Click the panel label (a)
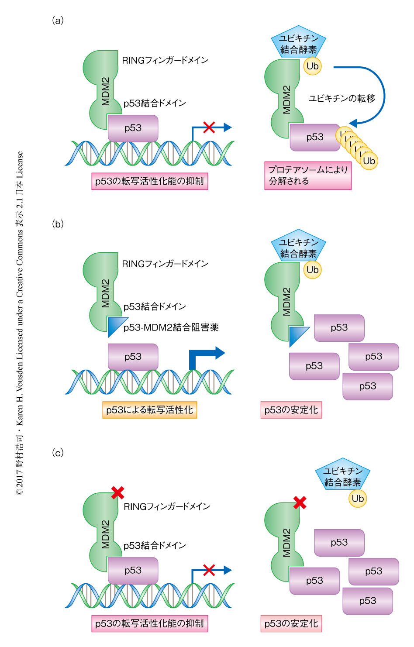pos(58,21)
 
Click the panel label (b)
pos(58,224)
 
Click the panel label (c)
pos(58,453)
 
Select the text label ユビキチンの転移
pos(342,99)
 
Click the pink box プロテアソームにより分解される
pos(307,176)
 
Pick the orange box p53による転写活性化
pos(149,410)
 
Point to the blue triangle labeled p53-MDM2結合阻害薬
pos(115,326)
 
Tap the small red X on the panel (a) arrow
pos(209,127)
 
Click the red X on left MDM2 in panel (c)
pos(117,493)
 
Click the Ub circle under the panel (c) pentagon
pos(358,499)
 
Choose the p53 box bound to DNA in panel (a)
pos(133,128)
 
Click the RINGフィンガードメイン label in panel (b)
pos(165,264)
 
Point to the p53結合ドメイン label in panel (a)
pos(155,103)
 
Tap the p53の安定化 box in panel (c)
pos(291,623)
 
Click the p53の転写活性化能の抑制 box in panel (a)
pos(149,181)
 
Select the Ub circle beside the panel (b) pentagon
pos(313,270)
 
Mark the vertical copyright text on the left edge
pos(20,323)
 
